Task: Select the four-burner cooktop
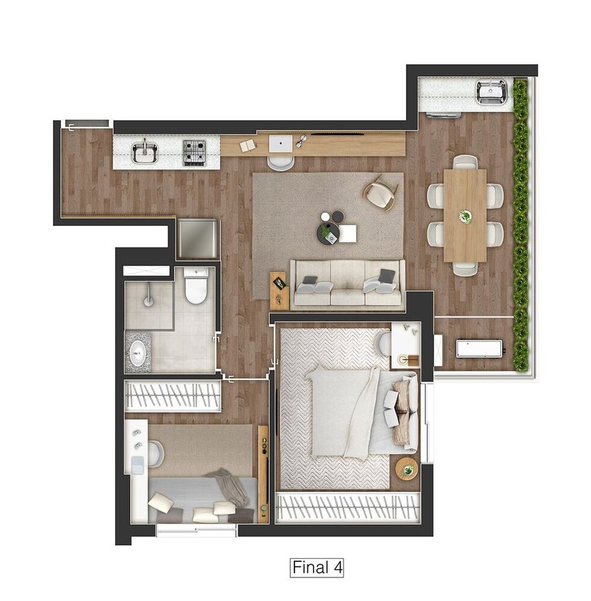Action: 194,152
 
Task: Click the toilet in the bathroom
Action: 196,286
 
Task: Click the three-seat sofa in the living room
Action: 347,284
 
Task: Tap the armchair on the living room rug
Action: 380,193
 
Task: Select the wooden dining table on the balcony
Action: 465,215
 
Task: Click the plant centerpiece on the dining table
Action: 465,215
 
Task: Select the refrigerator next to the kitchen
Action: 198,239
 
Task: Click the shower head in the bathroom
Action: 147,298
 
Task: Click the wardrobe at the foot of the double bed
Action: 347,507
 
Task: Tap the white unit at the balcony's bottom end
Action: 478,348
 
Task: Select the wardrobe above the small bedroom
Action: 172,397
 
